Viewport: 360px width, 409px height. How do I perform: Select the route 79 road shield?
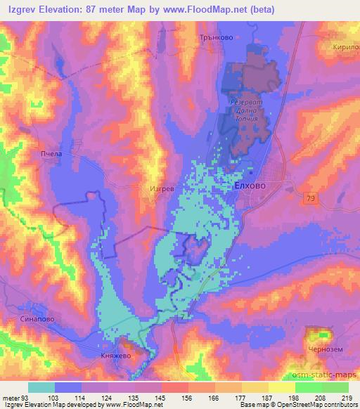[310, 200]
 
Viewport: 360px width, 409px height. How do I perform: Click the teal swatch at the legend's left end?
[41, 387]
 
